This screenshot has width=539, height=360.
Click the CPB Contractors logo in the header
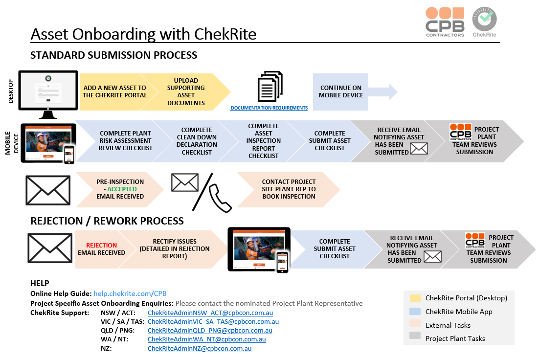[445, 22]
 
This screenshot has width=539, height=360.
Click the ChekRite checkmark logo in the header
[484, 22]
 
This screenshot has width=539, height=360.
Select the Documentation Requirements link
[269, 108]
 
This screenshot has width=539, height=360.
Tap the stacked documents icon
[270, 86]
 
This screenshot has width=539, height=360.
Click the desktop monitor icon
[48, 94]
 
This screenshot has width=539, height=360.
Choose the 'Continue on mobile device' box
[340, 92]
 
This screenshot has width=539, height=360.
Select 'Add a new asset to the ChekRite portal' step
[115, 92]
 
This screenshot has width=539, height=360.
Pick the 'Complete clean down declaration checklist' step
[197, 141]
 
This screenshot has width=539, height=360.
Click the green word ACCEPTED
[122, 189]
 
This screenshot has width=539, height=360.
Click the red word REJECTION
[101, 245]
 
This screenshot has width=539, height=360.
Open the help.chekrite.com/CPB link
[130, 293]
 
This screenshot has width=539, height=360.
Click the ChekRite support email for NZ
[200, 349]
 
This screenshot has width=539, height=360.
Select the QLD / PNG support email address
[210, 331]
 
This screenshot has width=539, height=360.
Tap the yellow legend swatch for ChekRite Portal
[415, 298]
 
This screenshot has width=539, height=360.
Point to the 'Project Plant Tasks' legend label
[455, 338]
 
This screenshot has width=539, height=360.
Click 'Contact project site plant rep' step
[289, 189]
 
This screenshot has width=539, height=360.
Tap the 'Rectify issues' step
[174, 249]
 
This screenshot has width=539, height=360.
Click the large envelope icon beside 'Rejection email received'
[50, 248]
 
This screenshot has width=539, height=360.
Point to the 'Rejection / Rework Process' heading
[107, 221]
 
